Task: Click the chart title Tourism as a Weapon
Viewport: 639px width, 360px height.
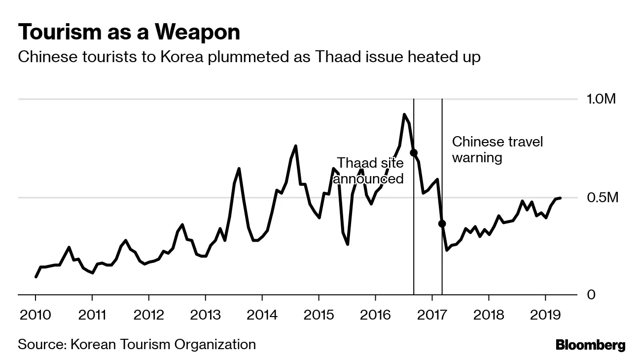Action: coord(129,32)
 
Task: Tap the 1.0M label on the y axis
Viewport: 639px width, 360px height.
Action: coord(602,99)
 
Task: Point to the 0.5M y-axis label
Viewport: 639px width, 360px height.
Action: coord(602,198)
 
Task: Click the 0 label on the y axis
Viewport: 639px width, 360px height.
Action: coord(591,294)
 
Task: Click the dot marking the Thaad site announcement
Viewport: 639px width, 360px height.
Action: coord(414,153)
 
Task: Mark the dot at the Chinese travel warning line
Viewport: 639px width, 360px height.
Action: coord(442,223)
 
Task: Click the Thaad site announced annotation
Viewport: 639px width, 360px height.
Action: coord(369,171)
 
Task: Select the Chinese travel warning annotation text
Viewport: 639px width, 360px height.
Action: coord(497,150)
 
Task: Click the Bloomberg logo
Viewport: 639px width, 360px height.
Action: coord(590,345)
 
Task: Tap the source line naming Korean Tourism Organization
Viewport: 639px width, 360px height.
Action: coord(137,344)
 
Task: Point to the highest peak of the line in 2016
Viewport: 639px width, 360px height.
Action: coord(404,114)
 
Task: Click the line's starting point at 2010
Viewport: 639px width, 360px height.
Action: coord(36,277)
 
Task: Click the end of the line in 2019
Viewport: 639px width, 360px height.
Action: coord(560,198)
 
